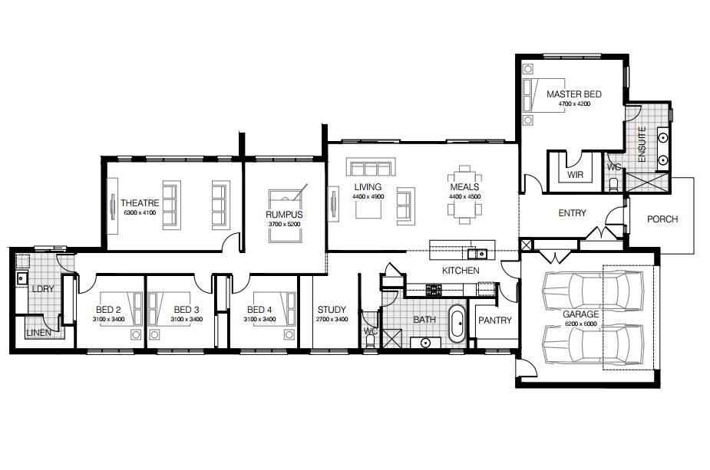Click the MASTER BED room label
coord(573,94)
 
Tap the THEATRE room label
coord(140,203)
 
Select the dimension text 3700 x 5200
coord(284,224)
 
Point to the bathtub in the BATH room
coord(457,324)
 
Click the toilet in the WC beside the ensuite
coord(613,184)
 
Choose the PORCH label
coord(662,219)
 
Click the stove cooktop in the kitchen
coord(434,290)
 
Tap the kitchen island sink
coord(477,254)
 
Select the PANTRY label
coord(494,320)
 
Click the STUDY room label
coord(332,310)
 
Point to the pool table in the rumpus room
coord(285,215)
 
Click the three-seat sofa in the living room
coord(371,167)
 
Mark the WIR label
coord(575,175)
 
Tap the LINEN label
coord(39,333)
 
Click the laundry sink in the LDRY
coord(21,278)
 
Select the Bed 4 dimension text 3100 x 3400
coord(259,320)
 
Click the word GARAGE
coord(580,314)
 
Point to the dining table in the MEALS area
coord(464,195)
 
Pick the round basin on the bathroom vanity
coord(425,343)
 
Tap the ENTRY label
coord(572,213)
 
